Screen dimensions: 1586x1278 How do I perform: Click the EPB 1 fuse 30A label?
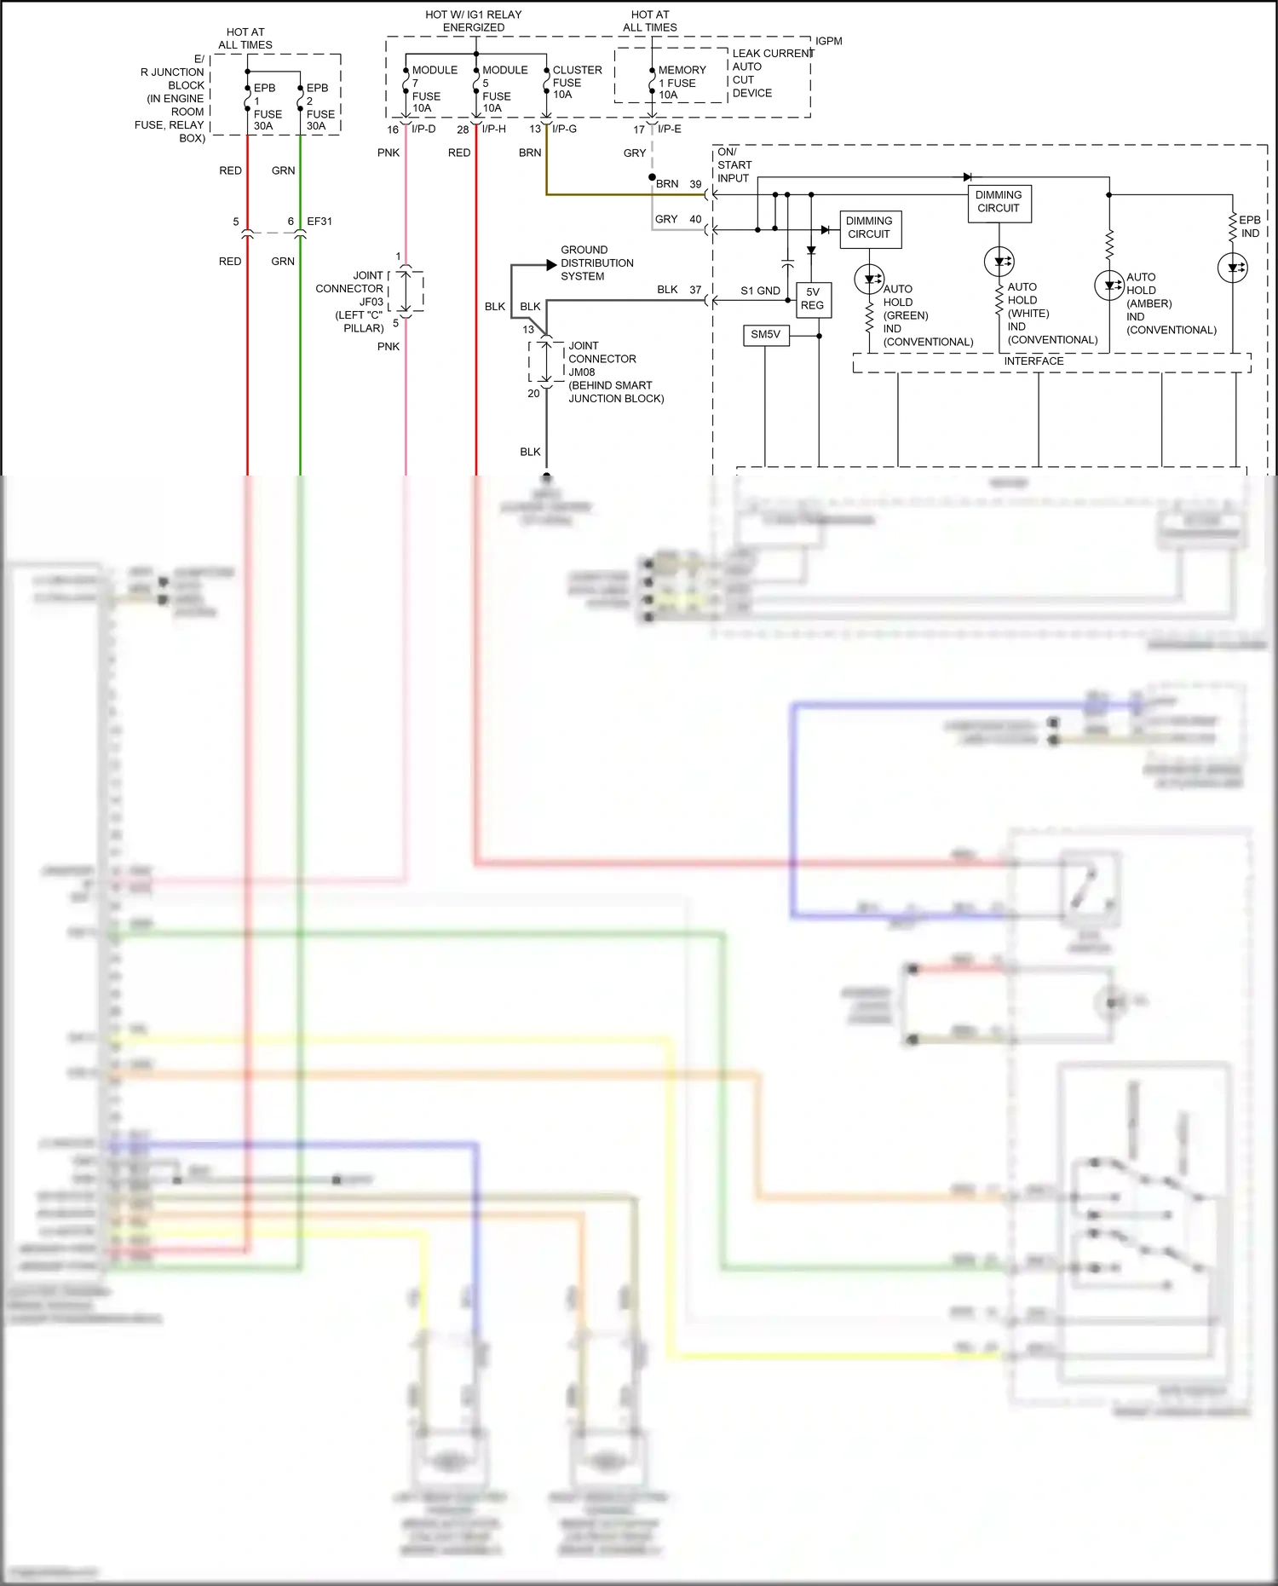267,107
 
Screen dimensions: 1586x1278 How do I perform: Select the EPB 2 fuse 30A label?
319,107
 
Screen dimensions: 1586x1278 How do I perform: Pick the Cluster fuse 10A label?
576,82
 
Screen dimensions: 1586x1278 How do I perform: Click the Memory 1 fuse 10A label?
681,83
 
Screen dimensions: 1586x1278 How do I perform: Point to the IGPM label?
828,41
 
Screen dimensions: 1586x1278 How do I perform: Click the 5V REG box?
813,298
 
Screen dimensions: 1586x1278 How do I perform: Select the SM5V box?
765,335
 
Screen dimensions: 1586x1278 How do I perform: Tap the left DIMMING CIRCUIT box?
869,228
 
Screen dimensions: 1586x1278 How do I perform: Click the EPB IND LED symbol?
1232,268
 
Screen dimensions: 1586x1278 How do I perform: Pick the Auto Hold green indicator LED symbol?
869,278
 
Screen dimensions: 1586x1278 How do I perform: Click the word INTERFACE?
1033,361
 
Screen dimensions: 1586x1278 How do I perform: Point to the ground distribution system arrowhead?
550,265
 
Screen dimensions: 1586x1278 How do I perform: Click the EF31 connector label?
319,222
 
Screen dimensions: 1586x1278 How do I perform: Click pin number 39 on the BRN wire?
695,184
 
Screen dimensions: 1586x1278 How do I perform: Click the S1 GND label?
760,291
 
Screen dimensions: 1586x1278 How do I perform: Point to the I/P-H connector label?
493,130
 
